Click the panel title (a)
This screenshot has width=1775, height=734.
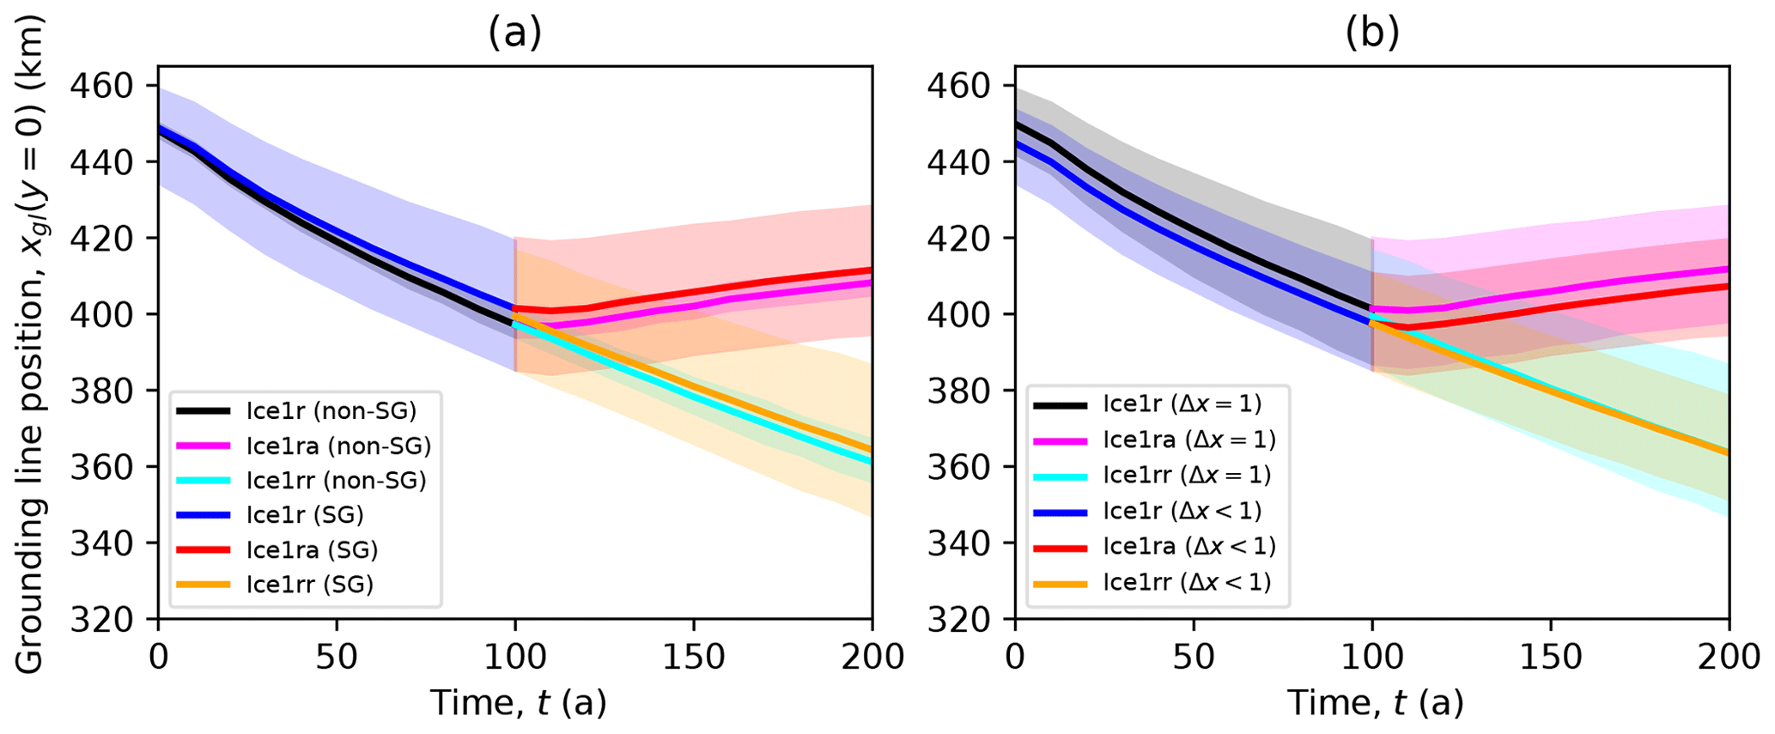pyautogui.click(x=514, y=33)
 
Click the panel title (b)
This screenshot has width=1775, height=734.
pyautogui.click(x=1371, y=33)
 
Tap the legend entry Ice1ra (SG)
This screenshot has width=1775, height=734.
pyautogui.click(x=312, y=549)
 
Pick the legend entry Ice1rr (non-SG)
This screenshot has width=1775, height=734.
pyautogui.click(x=336, y=480)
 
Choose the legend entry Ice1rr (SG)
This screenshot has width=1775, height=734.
pyautogui.click(x=309, y=585)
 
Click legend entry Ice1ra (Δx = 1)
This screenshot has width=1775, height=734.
pyautogui.click(x=1189, y=440)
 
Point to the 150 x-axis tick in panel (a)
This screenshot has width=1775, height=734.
pyautogui.click(x=694, y=658)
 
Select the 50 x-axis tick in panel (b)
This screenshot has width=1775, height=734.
pyautogui.click(x=1194, y=658)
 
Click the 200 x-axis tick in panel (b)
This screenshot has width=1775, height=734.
pyautogui.click(x=1728, y=658)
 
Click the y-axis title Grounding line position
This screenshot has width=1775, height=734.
pyautogui.click(x=30, y=343)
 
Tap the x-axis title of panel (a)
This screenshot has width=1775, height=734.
pyautogui.click(x=518, y=703)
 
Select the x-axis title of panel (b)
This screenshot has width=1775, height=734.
pyautogui.click(x=1375, y=703)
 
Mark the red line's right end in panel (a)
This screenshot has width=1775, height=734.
pyautogui.click(x=871, y=270)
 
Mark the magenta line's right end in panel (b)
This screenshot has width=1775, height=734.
pyautogui.click(x=1727, y=269)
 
